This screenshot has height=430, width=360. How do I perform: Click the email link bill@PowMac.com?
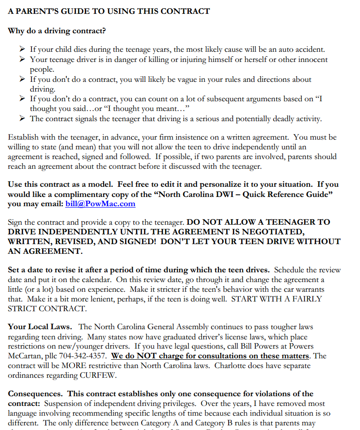pyautogui.click(x=100, y=203)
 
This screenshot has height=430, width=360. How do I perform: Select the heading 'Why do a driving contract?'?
pyautogui.click(x=56, y=31)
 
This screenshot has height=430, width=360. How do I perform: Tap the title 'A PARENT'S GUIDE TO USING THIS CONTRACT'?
pyautogui.click(x=109, y=11)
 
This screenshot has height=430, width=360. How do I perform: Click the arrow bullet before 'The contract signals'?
pyautogui.click(x=22, y=119)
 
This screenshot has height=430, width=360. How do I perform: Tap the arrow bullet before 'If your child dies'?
pyautogui.click(x=22, y=49)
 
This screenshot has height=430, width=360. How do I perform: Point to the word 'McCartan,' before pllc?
pyautogui.click(x=25, y=356)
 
